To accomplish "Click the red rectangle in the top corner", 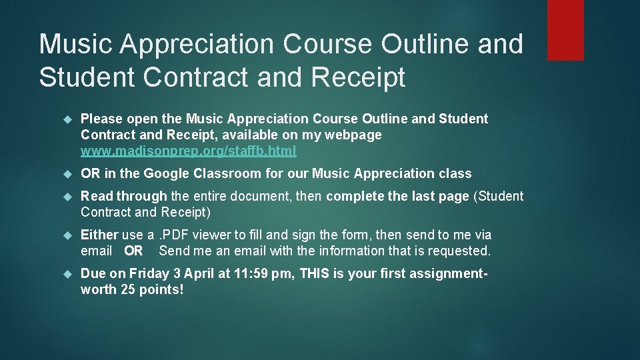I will tap(565, 30).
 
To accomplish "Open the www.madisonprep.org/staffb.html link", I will tap(189, 151).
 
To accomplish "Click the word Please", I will tap(101, 119).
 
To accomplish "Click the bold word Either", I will tap(99, 235).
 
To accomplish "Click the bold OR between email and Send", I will tap(133, 251).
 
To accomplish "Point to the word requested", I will tap(461, 251).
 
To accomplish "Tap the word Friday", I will tap(149, 274).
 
